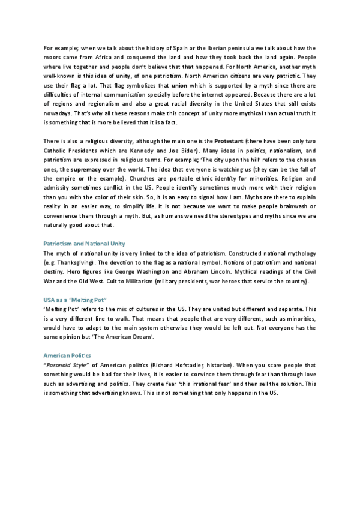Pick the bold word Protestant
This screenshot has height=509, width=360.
pyautogui.click(x=229, y=140)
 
